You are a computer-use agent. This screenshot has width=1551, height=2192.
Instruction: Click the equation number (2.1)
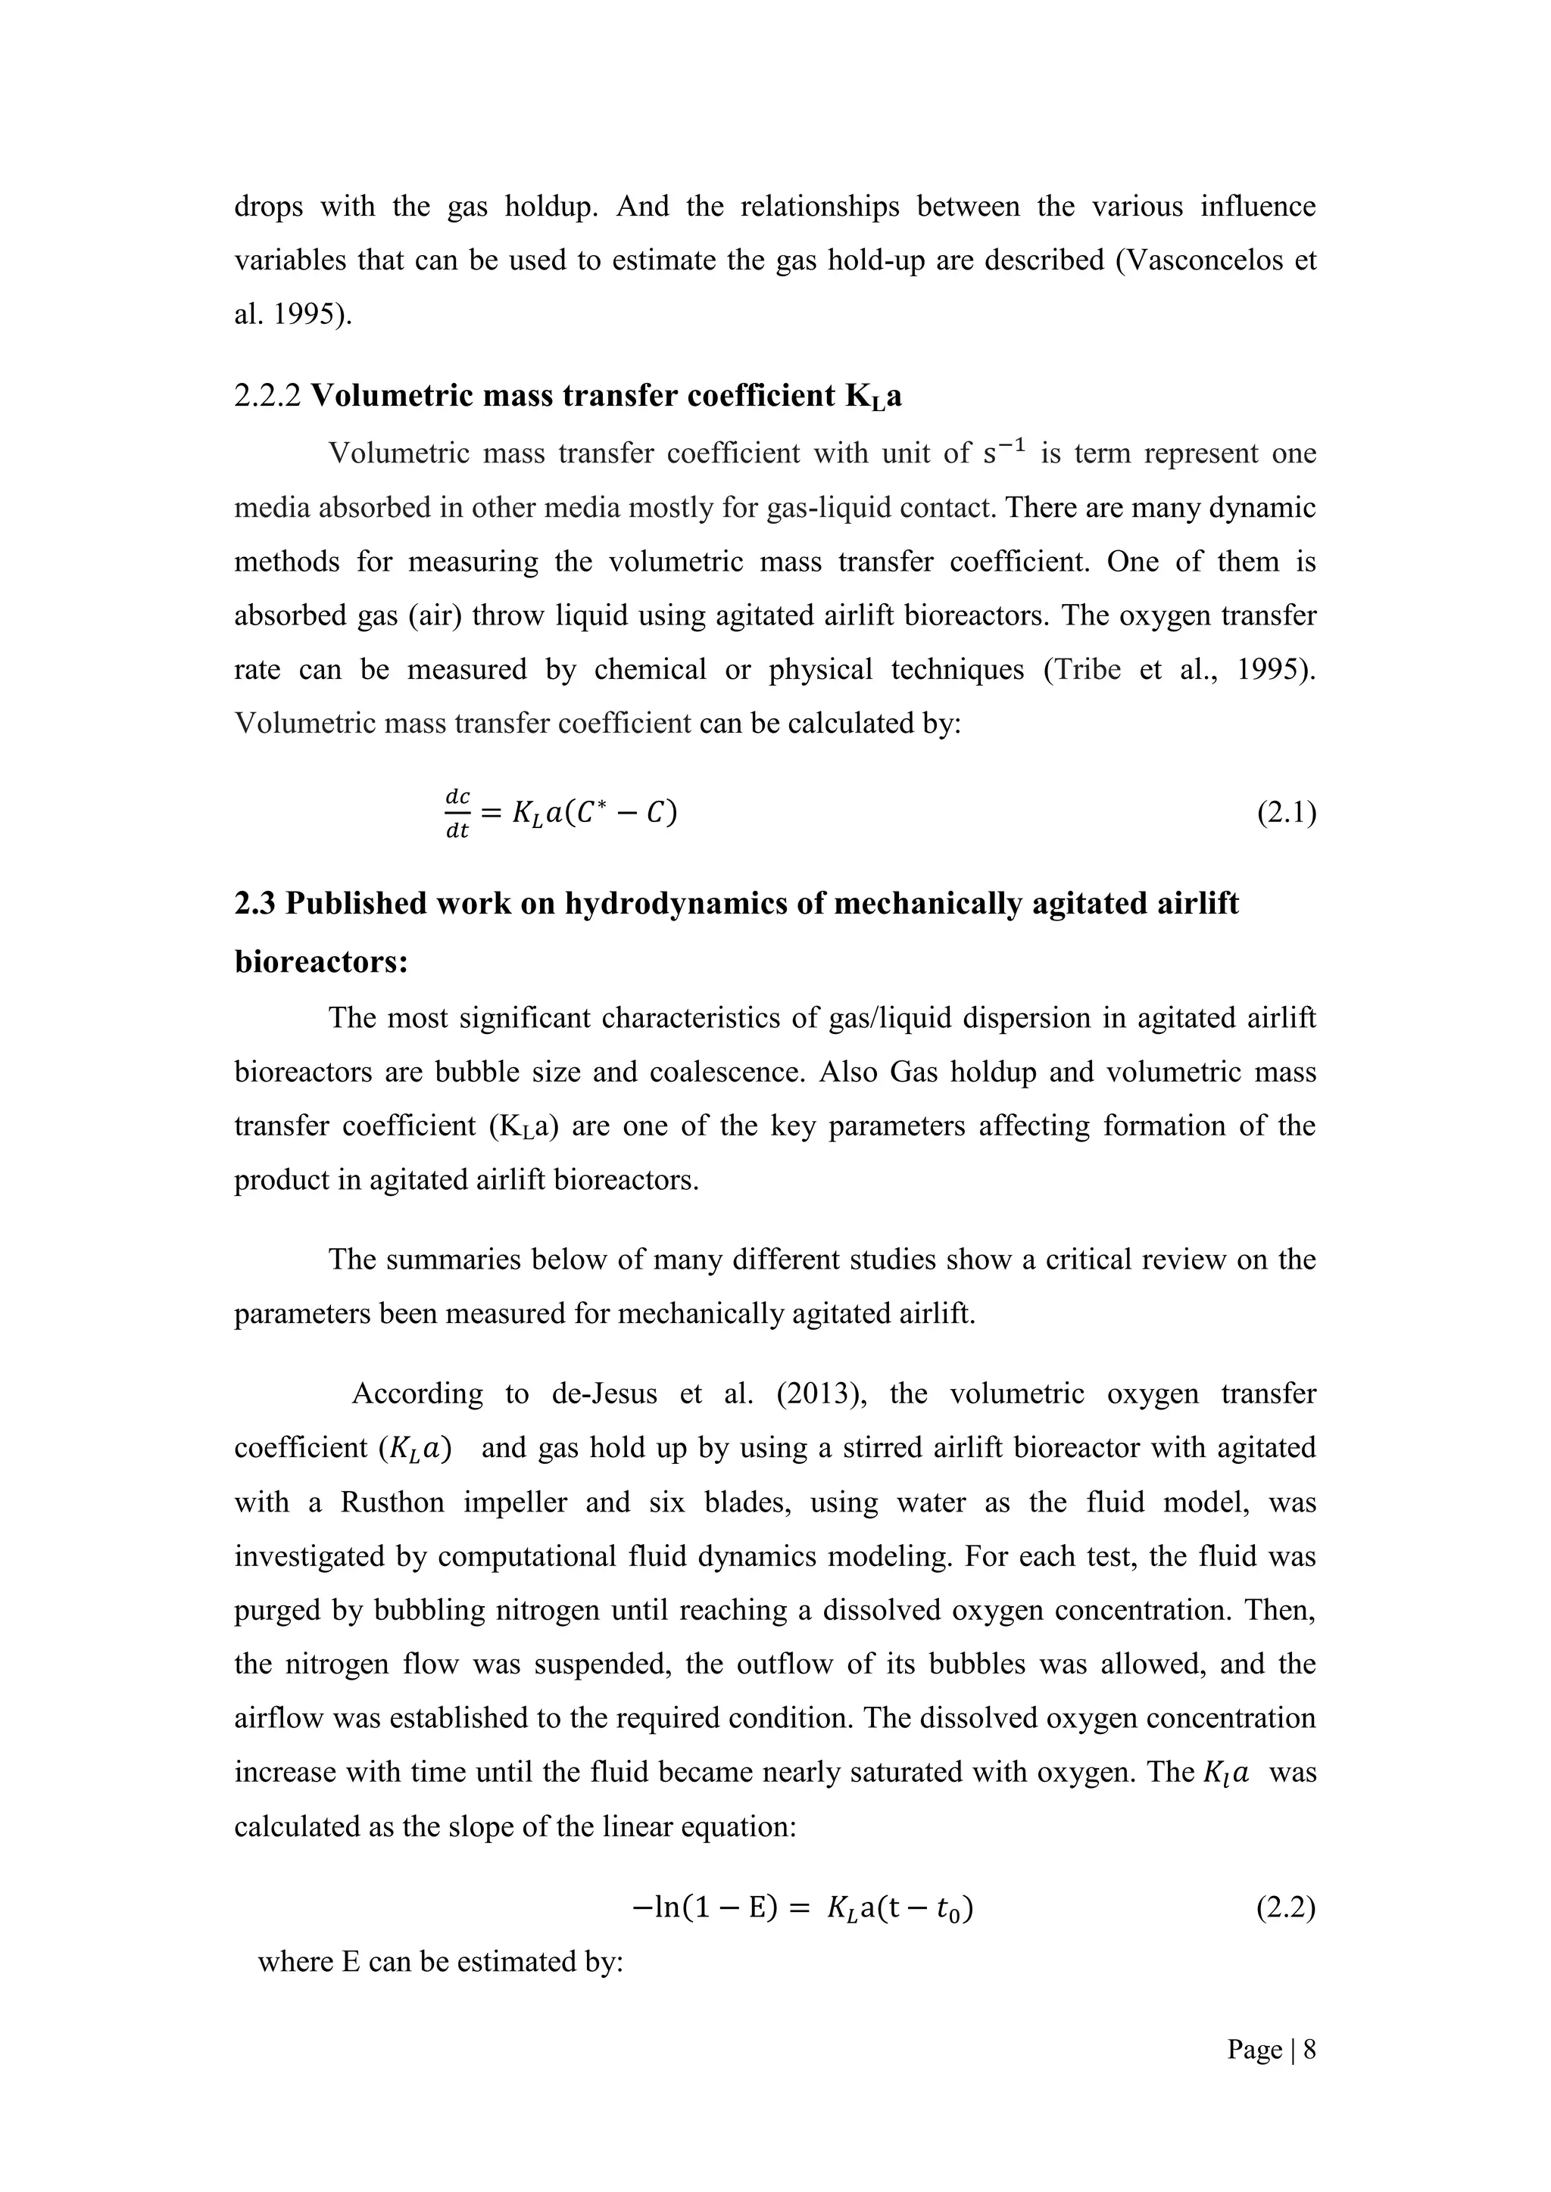click(1285, 814)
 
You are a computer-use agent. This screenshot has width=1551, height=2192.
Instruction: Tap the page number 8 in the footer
click(1309, 2050)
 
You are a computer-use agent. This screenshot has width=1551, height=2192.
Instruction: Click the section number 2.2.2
click(267, 395)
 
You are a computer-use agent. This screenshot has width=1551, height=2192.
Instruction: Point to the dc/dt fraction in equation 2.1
click(457, 814)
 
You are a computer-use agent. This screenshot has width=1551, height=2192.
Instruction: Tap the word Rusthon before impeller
click(392, 1502)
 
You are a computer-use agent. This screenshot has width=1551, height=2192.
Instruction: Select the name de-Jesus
click(604, 1394)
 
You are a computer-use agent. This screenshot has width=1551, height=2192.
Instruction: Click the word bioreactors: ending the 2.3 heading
click(321, 961)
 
